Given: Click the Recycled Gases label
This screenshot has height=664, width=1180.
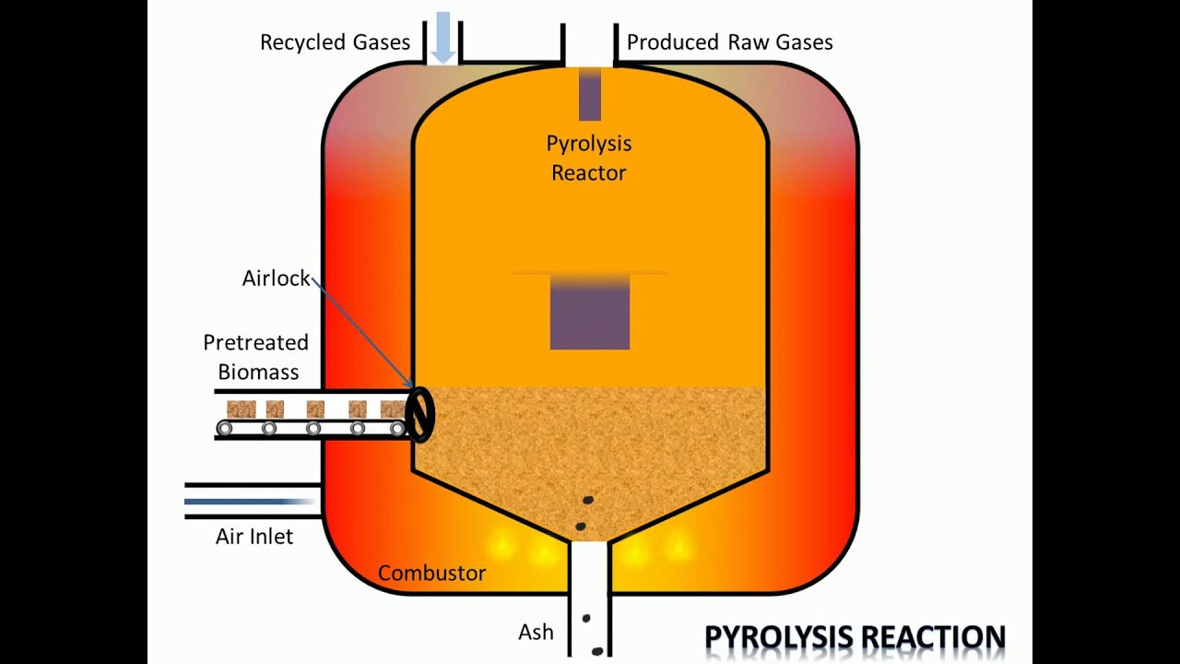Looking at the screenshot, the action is click(335, 42).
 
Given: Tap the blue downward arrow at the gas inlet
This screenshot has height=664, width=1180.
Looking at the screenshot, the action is click(443, 38).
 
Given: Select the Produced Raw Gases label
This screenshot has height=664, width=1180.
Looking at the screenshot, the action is click(729, 42).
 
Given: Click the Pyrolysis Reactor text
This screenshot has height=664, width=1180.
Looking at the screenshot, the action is click(589, 158).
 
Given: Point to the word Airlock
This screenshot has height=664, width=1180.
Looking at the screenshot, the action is click(276, 279).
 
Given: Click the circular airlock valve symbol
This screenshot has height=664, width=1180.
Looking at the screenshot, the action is click(421, 415).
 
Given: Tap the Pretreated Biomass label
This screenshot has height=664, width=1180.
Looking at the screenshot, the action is click(256, 357).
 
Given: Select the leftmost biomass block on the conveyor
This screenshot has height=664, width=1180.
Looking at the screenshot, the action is click(242, 409).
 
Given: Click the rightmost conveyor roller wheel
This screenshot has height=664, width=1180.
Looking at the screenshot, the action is click(397, 429).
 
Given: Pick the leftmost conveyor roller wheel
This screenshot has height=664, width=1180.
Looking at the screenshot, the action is click(224, 429).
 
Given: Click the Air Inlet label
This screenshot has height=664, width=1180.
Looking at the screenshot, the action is click(254, 537).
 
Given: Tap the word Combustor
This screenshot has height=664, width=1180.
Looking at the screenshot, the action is click(432, 573).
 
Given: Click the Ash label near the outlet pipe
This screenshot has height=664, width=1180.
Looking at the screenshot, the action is click(536, 632).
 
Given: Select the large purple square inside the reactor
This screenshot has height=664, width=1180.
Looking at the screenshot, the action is click(590, 313).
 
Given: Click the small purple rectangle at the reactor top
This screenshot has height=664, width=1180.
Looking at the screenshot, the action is click(590, 94).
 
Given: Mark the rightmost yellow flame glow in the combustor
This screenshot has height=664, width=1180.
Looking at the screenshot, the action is click(678, 545).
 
